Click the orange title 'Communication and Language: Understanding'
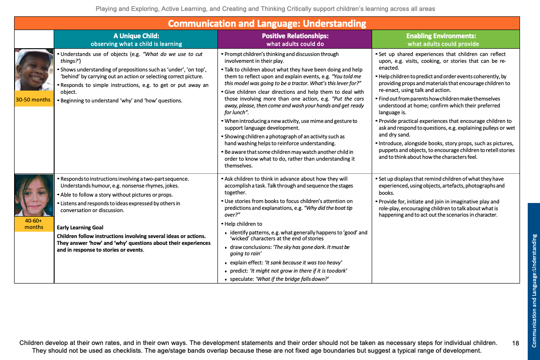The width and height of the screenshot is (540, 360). (x=267, y=24)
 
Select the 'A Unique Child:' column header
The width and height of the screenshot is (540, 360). (x=136, y=35)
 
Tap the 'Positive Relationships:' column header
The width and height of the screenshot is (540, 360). (x=295, y=35)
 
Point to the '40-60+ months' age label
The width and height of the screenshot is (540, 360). (x=34, y=223)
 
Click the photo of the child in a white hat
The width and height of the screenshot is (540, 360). (x=34, y=70)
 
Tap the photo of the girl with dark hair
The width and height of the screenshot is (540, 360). (x=34, y=195)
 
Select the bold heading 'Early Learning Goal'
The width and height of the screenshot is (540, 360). (x=80, y=228)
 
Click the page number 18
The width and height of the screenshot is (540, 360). (x=515, y=343)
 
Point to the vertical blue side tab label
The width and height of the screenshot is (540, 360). (x=534, y=281)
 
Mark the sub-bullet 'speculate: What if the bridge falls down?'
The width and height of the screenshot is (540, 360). (x=279, y=279)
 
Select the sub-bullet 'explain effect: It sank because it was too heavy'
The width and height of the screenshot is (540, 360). (x=286, y=263)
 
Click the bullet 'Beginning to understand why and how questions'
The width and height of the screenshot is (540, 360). (x=121, y=101)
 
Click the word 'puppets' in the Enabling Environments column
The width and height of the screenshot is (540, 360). (x=389, y=150)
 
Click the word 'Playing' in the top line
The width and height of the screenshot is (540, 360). (x=106, y=9)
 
